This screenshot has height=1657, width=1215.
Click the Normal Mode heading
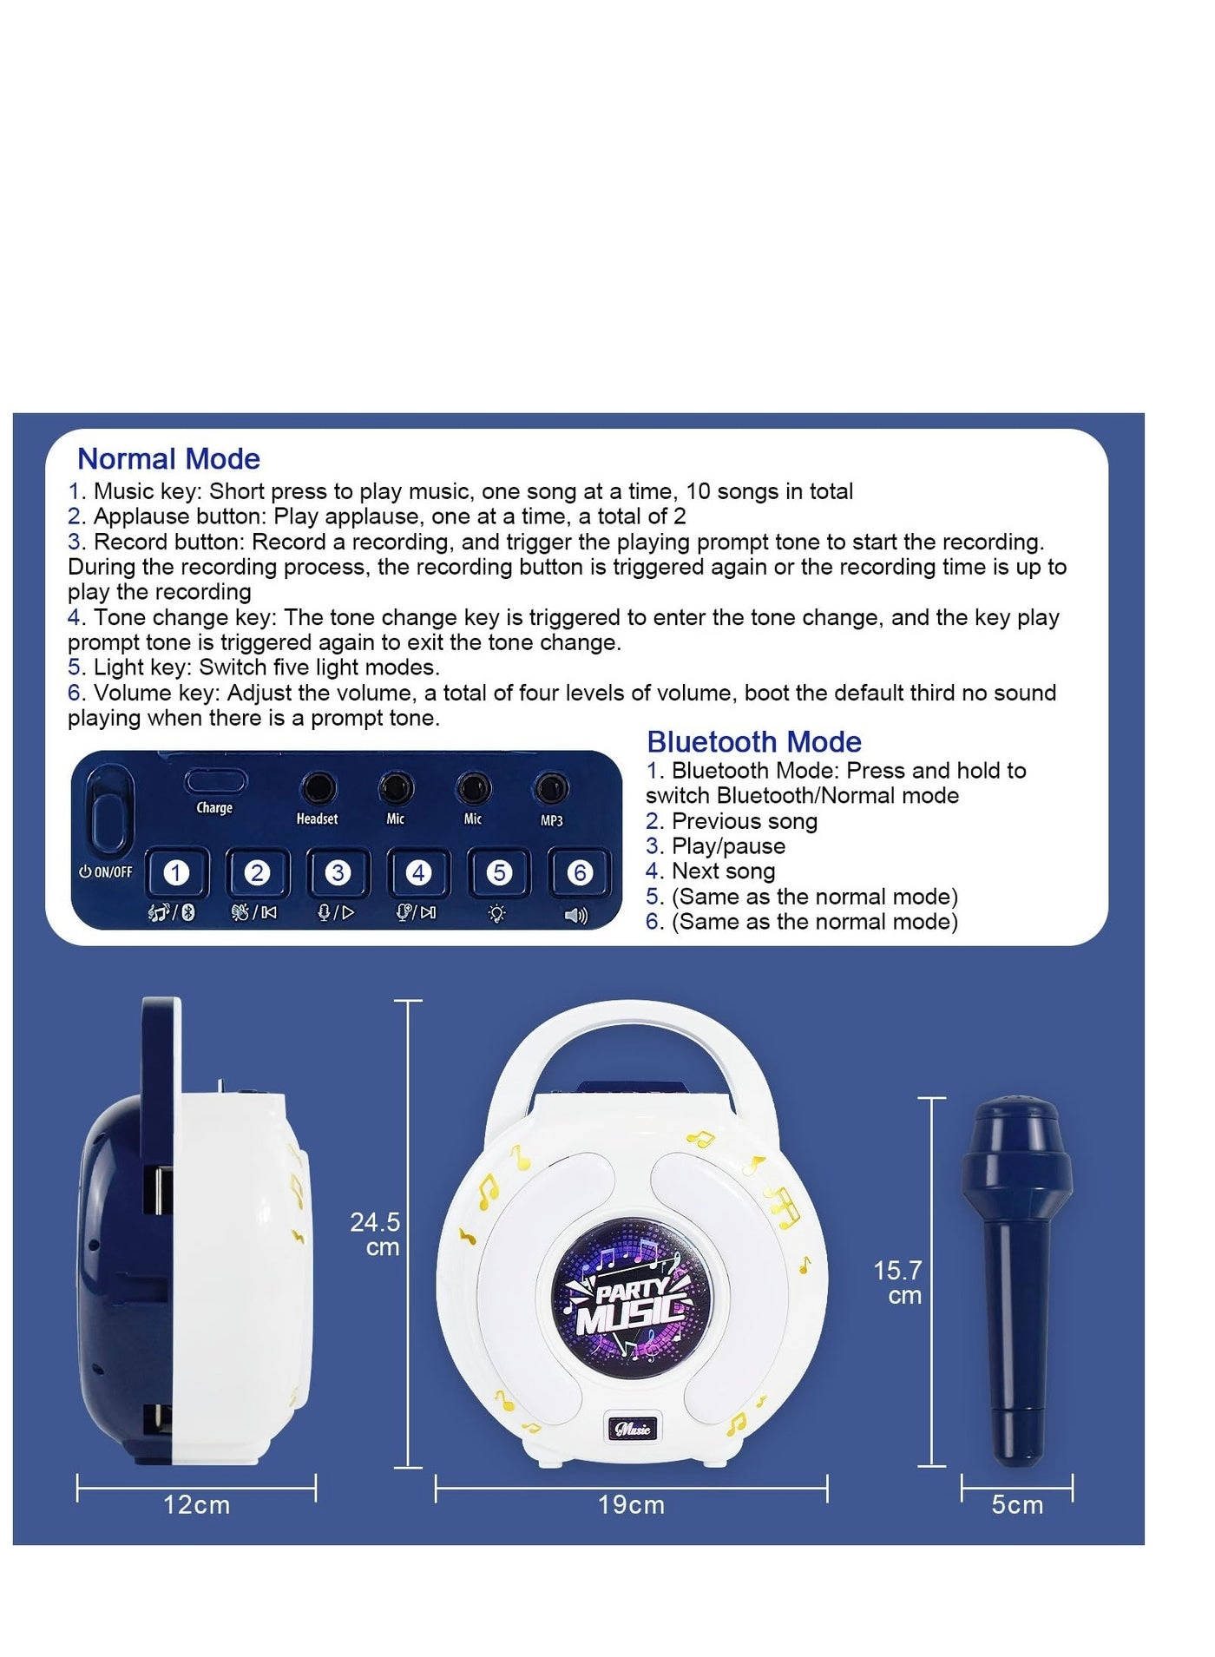click(168, 458)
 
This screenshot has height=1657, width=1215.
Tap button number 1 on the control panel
click(176, 872)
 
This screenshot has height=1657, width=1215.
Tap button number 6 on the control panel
click(580, 872)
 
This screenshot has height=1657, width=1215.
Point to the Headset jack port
click(318, 789)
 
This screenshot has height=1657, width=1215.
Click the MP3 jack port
click(551, 788)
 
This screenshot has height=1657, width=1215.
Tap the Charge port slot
click(215, 781)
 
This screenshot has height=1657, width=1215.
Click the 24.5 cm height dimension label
click(375, 1233)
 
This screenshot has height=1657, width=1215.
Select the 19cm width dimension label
click(631, 1504)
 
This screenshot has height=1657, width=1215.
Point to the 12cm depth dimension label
click(197, 1504)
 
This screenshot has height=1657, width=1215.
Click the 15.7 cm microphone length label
click(897, 1282)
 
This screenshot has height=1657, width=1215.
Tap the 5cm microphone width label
click(1017, 1504)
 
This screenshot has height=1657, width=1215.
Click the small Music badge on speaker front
click(632, 1428)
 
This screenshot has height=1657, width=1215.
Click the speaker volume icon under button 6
click(576, 915)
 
